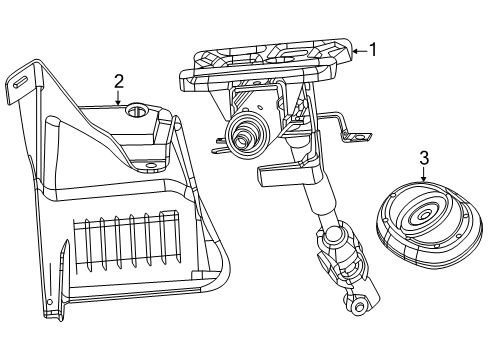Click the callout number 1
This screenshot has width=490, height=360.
tap(373, 47)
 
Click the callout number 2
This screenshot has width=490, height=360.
tap(118, 82)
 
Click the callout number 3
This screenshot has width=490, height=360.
tap(423, 158)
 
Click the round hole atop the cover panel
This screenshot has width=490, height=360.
tap(138, 111)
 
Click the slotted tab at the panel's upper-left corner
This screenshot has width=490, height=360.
tap(17, 81)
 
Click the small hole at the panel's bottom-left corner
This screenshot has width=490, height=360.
tap(51, 302)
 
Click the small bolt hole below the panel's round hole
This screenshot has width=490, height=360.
tap(152, 163)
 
